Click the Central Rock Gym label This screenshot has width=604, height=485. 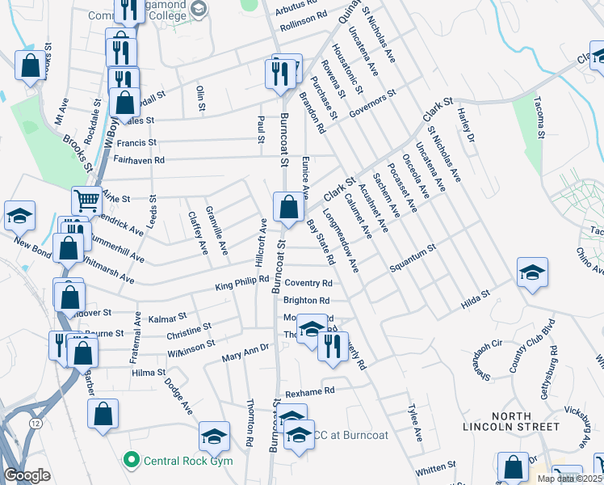pos(187,461)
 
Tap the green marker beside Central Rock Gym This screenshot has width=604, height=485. pos(130,461)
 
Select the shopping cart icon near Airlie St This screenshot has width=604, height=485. pos(86,199)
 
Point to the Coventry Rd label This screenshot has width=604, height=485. pos(308,284)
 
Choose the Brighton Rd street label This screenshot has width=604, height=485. pos(306,301)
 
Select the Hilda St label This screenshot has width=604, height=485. pos(476,298)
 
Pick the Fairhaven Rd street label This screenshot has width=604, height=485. pos(140,161)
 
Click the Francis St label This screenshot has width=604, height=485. pos(136,143)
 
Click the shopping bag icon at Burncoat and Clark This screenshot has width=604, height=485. pos(288,208)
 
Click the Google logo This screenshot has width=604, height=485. pos(27,475)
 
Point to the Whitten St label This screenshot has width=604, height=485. pos(436,467)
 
